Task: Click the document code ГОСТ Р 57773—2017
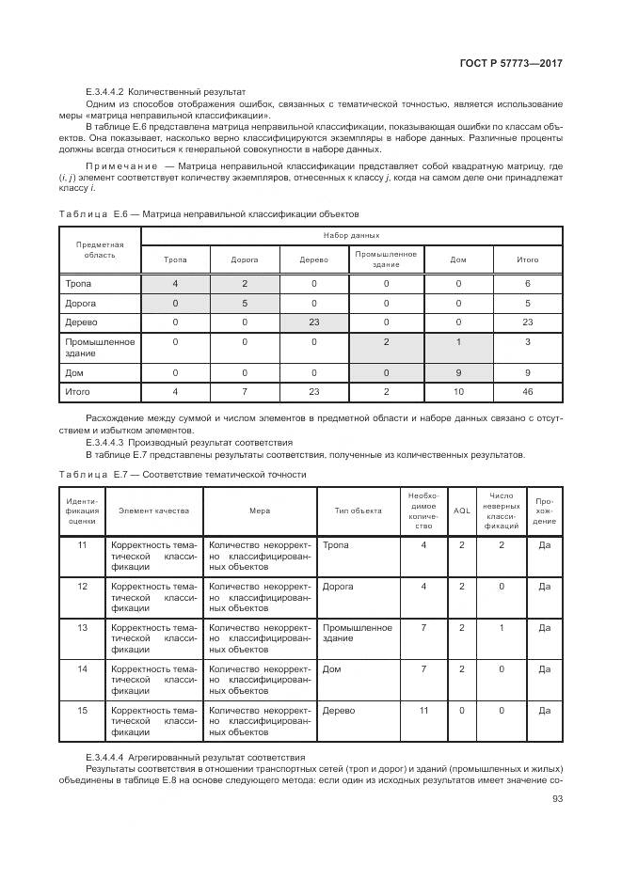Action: [x=512, y=63]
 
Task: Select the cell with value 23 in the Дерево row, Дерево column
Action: [x=313, y=321]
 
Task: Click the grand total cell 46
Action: [x=528, y=390]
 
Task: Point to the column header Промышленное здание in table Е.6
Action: [x=386, y=259]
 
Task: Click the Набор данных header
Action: [x=351, y=235]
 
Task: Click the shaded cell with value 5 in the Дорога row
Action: [x=245, y=303]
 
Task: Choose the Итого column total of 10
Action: [x=458, y=390]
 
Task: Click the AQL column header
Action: [x=461, y=511]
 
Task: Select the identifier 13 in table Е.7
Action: [x=82, y=626]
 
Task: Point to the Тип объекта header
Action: [x=358, y=511]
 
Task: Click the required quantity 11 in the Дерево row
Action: [x=423, y=711]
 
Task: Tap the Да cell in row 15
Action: [x=544, y=711]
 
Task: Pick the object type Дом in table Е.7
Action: [x=332, y=668]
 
